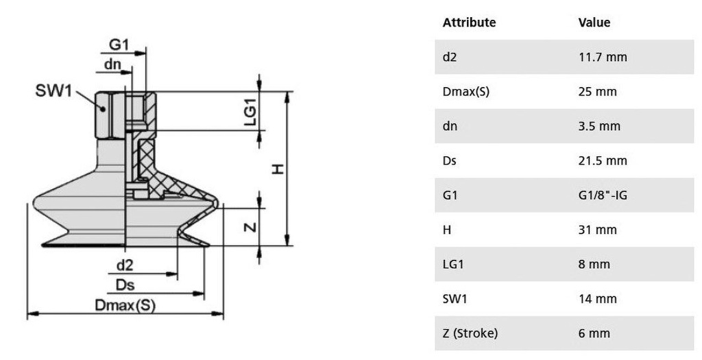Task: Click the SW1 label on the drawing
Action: point(53,91)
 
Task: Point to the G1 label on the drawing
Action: point(119,45)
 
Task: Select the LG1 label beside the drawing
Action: point(250,111)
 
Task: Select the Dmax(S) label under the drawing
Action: point(125,305)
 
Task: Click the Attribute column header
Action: point(469,22)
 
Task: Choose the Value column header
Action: point(594,22)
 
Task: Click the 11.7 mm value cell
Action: point(603,57)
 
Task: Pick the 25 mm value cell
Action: point(598,92)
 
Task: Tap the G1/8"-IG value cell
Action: point(603,195)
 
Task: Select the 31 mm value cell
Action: point(598,230)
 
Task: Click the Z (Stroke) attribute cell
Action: point(470,334)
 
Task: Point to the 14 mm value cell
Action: point(598,299)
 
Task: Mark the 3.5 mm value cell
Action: point(600,126)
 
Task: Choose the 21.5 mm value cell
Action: point(603,161)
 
